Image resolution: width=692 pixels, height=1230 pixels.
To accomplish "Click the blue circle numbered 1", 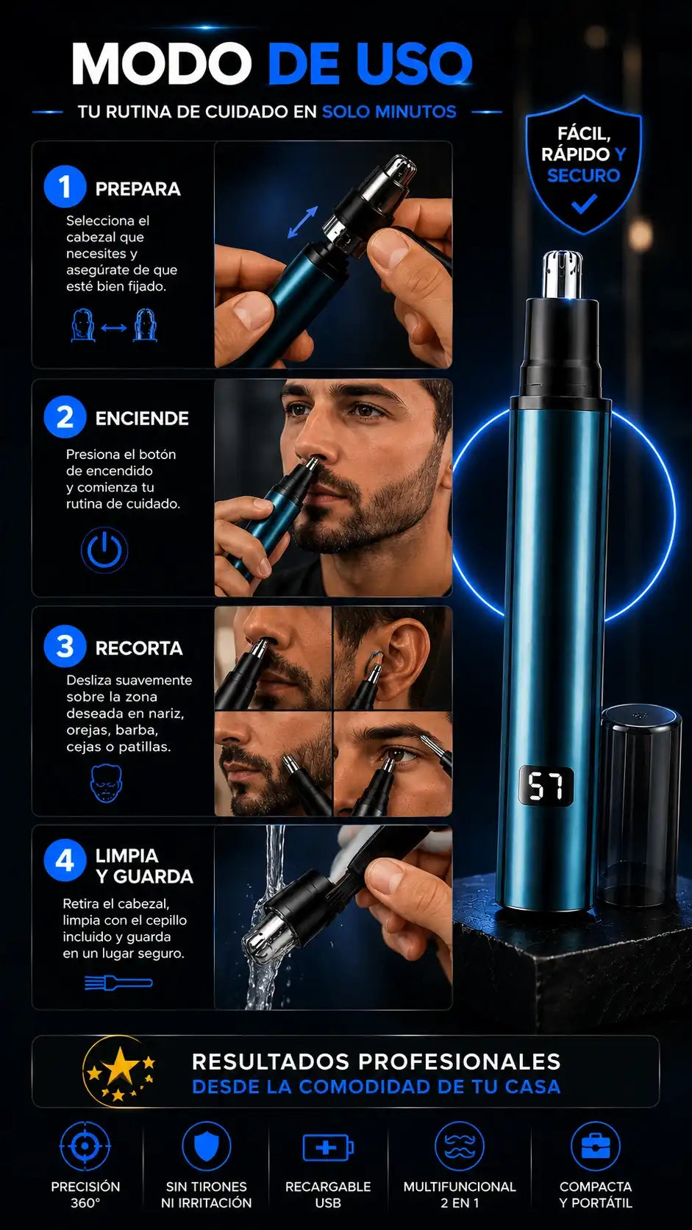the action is pyautogui.click(x=65, y=187).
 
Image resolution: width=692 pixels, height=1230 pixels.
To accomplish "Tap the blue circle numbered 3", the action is pyautogui.click(x=65, y=647).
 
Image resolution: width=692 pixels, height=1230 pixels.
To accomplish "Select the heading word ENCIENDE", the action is pyautogui.click(x=142, y=419).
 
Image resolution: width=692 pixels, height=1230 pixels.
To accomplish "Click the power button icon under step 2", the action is pyautogui.click(x=104, y=550).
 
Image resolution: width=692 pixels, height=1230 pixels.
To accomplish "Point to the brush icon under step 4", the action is pyautogui.click(x=118, y=982).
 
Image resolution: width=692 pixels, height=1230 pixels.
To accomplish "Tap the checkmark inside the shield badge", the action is pyautogui.click(x=583, y=205).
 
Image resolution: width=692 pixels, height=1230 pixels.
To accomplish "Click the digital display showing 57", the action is pyautogui.click(x=546, y=786).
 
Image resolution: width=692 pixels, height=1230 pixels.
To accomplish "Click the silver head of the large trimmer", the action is pyautogui.click(x=562, y=274).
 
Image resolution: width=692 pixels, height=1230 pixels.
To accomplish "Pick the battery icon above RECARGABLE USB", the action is pyautogui.click(x=328, y=1148).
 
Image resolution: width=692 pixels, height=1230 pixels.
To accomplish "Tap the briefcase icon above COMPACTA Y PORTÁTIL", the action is pyautogui.click(x=596, y=1147).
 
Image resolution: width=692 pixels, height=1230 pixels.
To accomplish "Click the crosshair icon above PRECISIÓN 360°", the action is pyautogui.click(x=85, y=1147).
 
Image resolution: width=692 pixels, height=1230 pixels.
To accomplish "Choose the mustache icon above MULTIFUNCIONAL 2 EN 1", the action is pyautogui.click(x=460, y=1147).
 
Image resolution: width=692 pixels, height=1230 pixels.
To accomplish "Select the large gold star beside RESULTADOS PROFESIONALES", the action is pyautogui.click(x=121, y=1066).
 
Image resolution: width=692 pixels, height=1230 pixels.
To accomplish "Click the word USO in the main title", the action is pyautogui.click(x=413, y=64).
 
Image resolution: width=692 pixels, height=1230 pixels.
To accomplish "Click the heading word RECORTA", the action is pyautogui.click(x=139, y=648).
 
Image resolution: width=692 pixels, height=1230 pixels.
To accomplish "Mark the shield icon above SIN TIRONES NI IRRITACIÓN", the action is pyautogui.click(x=207, y=1147).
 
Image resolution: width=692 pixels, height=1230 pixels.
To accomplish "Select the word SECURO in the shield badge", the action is pyautogui.click(x=583, y=175).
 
